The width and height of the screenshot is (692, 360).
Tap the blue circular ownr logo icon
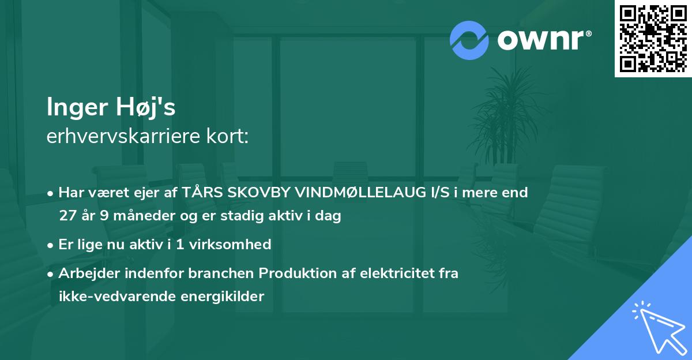click(x=469, y=40)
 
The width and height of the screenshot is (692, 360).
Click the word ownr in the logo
click(x=540, y=40)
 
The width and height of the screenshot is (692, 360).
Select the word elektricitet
click(x=398, y=273)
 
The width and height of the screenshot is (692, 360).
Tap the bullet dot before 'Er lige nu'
click(x=51, y=245)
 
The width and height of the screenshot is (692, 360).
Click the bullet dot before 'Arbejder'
click(x=51, y=273)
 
